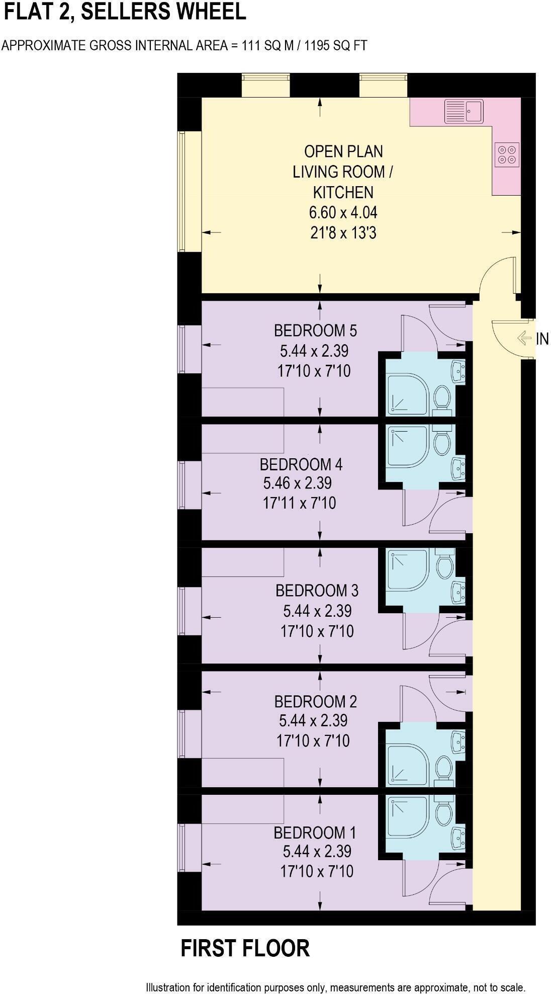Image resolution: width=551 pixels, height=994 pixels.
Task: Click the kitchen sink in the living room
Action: (x=464, y=111)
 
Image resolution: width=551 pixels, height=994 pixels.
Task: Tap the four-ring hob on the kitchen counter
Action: (x=507, y=154)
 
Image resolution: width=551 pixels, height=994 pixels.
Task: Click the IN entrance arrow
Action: (x=524, y=338)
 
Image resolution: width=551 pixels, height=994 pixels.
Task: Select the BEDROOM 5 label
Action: (x=315, y=330)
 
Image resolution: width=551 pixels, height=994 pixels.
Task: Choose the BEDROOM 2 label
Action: (x=315, y=701)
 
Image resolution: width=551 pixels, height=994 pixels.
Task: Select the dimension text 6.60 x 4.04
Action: (x=343, y=212)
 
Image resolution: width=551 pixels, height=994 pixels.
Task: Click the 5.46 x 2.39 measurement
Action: (x=298, y=483)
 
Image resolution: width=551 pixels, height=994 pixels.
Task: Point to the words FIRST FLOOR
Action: (x=245, y=948)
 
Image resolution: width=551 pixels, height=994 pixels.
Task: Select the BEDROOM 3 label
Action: (x=317, y=590)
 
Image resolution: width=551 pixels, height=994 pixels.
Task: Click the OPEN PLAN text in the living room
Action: (x=343, y=151)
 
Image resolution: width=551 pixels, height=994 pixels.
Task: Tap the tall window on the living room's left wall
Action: (x=182, y=191)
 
